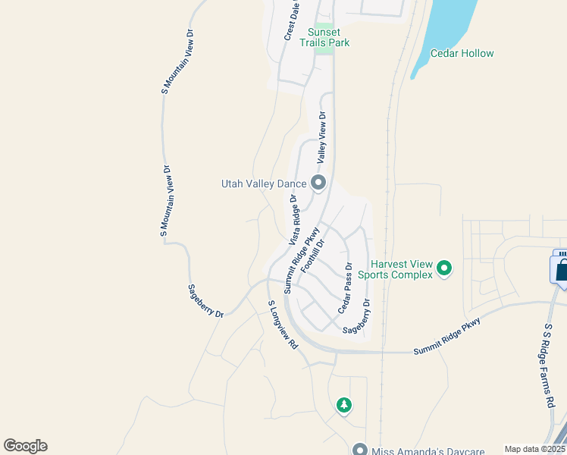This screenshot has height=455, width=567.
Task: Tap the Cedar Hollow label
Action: (462, 53)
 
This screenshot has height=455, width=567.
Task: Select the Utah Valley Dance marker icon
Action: (318, 183)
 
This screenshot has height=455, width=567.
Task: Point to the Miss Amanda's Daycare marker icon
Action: (360, 448)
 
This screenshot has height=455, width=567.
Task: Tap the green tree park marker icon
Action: (344, 405)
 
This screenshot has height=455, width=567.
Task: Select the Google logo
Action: (25, 446)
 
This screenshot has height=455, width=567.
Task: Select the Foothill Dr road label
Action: (312, 256)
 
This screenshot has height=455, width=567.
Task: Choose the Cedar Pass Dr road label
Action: (345, 288)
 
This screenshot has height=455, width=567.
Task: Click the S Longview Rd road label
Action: (282, 324)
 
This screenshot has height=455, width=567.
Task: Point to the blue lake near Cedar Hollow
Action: (447, 27)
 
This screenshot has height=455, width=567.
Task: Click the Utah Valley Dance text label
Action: (264, 184)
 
